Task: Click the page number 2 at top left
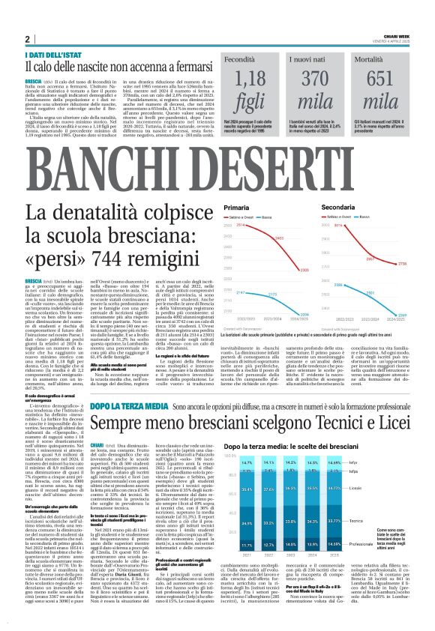click(26, 39)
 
